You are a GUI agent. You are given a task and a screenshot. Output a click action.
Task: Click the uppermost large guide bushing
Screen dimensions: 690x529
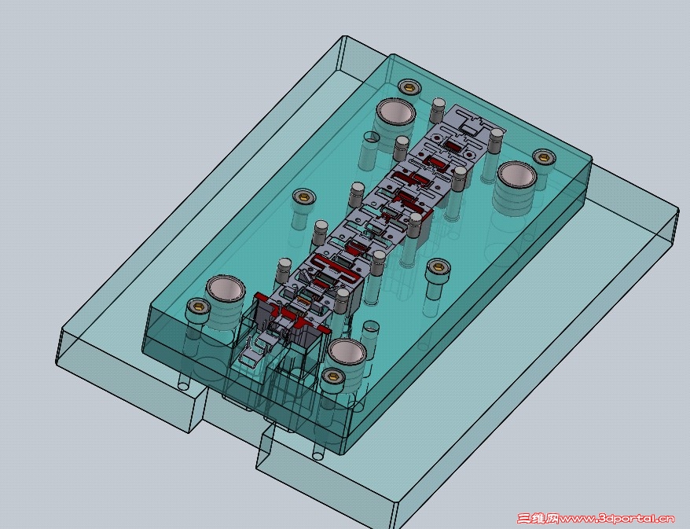pos(395,112)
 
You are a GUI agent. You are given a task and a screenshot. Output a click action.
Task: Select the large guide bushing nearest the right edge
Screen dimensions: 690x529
pos(517,175)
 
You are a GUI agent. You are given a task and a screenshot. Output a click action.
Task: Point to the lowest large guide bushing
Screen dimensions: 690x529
pos(347,352)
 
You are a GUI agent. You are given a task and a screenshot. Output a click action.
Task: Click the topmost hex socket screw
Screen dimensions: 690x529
pos(409,86)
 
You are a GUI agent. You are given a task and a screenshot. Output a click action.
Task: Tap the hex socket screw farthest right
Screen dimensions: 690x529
pos(545,156)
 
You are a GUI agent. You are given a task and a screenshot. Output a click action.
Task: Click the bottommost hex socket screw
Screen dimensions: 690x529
pos(332,377)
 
